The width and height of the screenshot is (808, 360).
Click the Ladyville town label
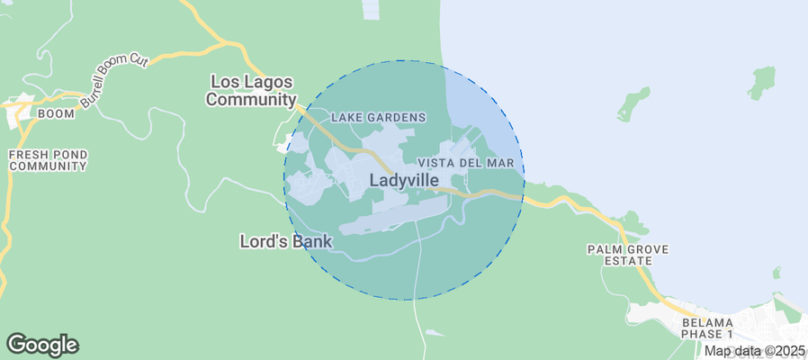point(404,180)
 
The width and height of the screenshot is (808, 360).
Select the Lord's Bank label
point(286,241)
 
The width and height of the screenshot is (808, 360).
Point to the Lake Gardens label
point(378,117)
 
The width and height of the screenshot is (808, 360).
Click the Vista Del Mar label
point(466,162)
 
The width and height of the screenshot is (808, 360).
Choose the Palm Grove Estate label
point(619,255)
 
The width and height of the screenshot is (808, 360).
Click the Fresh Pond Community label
point(48,160)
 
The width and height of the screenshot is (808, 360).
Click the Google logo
point(42,344)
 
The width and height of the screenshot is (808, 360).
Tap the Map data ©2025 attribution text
point(754,351)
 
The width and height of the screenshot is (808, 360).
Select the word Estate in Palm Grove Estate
point(619,261)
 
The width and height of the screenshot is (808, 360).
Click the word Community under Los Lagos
point(251,100)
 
